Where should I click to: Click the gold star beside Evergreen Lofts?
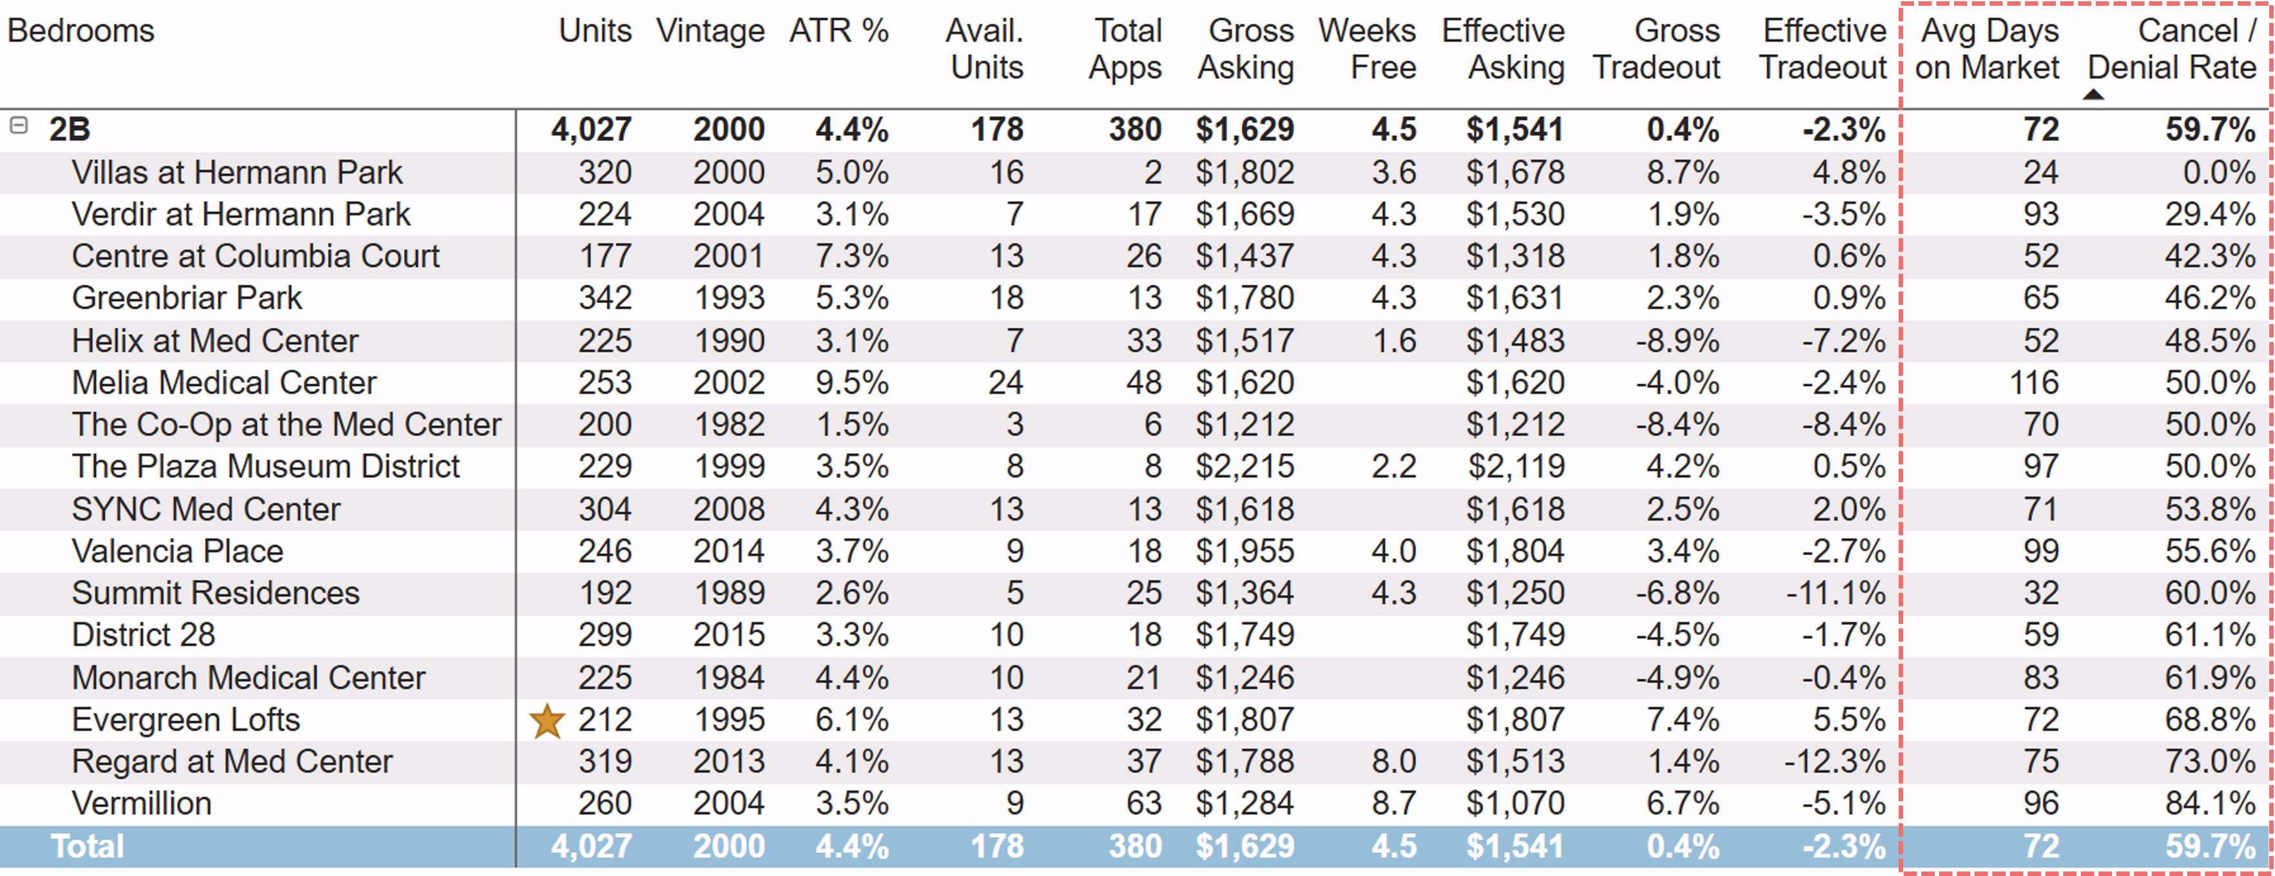pyautogui.click(x=547, y=721)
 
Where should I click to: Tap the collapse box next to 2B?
pyautogui.click(x=19, y=126)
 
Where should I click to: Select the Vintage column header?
pyautogui.click(x=710, y=32)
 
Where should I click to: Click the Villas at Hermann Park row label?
pyautogui.click(x=237, y=172)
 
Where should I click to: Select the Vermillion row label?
pyautogui.click(x=141, y=804)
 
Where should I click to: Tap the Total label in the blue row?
pyautogui.click(x=88, y=846)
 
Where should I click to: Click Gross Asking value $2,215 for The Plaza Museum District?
pyautogui.click(x=1245, y=466)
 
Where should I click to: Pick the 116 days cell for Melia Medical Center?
pyautogui.click(x=2034, y=382)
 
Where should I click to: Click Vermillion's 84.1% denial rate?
pyautogui.click(x=2210, y=804)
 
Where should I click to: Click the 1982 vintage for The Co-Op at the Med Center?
pyautogui.click(x=729, y=425)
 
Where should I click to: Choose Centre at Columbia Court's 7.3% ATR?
pyautogui.click(x=851, y=256)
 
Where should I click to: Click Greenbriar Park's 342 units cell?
pyautogui.click(x=605, y=298)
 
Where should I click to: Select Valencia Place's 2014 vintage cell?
pyautogui.click(x=729, y=551)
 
